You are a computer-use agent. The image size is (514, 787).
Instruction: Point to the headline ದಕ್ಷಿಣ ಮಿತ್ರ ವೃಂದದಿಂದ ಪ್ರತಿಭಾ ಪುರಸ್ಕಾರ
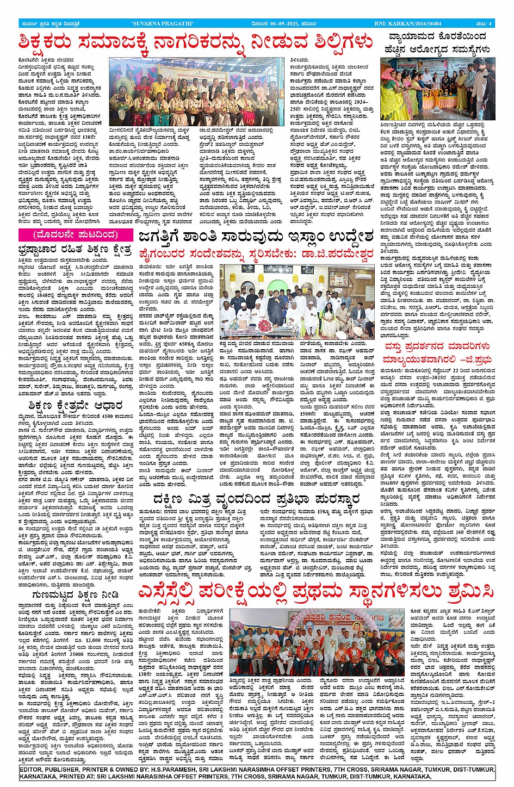click(256, 498)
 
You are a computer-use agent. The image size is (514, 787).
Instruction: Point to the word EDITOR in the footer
click(34, 770)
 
